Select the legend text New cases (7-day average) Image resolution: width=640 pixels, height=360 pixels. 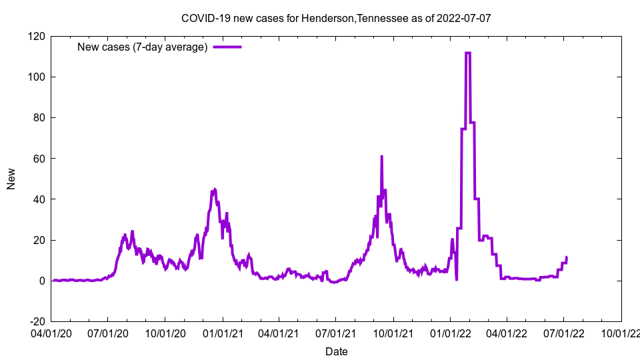click(x=143, y=47)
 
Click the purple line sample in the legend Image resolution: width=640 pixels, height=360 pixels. click(x=227, y=47)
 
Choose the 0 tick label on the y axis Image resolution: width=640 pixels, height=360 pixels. click(x=42, y=281)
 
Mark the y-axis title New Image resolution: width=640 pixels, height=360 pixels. click(x=11, y=179)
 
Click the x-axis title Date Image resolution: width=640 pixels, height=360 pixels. click(x=336, y=351)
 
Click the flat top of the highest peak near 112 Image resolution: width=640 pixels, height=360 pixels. click(x=467, y=53)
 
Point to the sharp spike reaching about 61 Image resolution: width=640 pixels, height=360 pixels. click(x=381, y=156)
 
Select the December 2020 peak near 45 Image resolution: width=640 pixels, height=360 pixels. click(x=214, y=189)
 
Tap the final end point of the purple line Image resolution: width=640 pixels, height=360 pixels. click(x=567, y=257)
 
